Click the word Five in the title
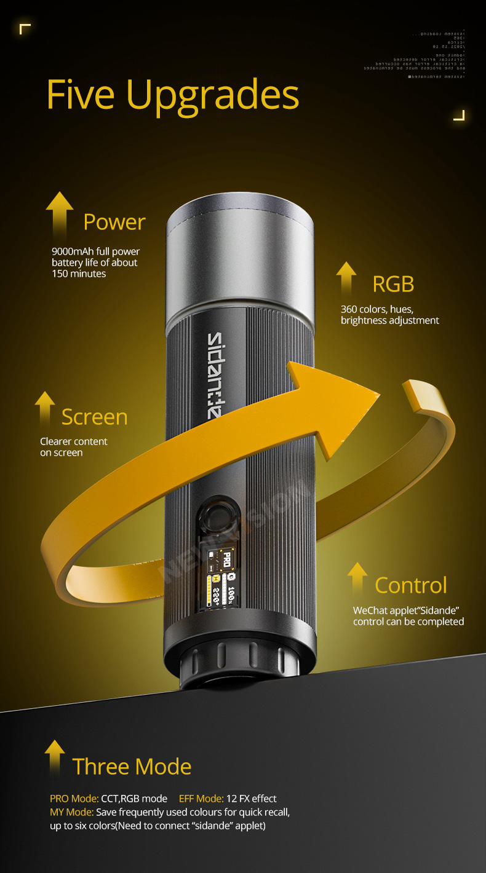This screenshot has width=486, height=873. click(80, 95)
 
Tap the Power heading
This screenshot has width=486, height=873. click(114, 222)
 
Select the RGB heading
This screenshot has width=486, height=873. click(393, 284)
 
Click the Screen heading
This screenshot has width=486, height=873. click(94, 417)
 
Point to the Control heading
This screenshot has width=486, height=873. click(410, 585)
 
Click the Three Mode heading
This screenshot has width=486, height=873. click(132, 767)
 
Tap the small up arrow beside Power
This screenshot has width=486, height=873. click(60, 212)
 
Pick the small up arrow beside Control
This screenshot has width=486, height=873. click(357, 577)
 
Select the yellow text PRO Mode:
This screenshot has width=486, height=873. click(74, 799)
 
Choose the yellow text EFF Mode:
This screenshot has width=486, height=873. click(201, 799)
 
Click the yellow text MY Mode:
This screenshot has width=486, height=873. click(71, 812)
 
